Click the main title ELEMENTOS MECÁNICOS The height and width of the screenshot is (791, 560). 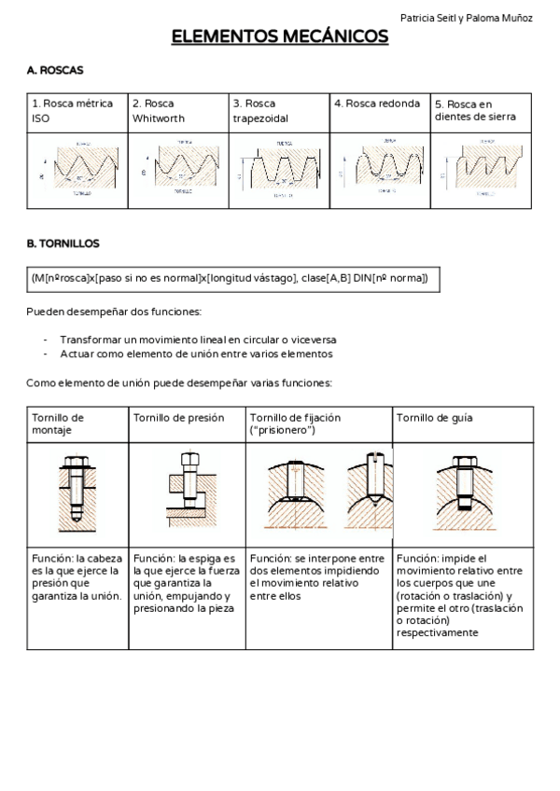[280, 37]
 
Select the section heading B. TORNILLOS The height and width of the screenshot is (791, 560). [63, 243]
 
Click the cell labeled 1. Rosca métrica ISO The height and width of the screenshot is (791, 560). [73, 111]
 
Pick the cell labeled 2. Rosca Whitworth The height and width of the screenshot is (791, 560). [159, 111]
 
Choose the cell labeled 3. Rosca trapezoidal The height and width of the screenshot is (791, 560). [260, 111]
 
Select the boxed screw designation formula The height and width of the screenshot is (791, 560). [230, 279]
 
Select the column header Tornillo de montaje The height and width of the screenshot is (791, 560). [58, 423]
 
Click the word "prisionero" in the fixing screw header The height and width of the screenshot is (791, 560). [285, 430]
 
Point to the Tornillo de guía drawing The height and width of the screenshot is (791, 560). [463, 495]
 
